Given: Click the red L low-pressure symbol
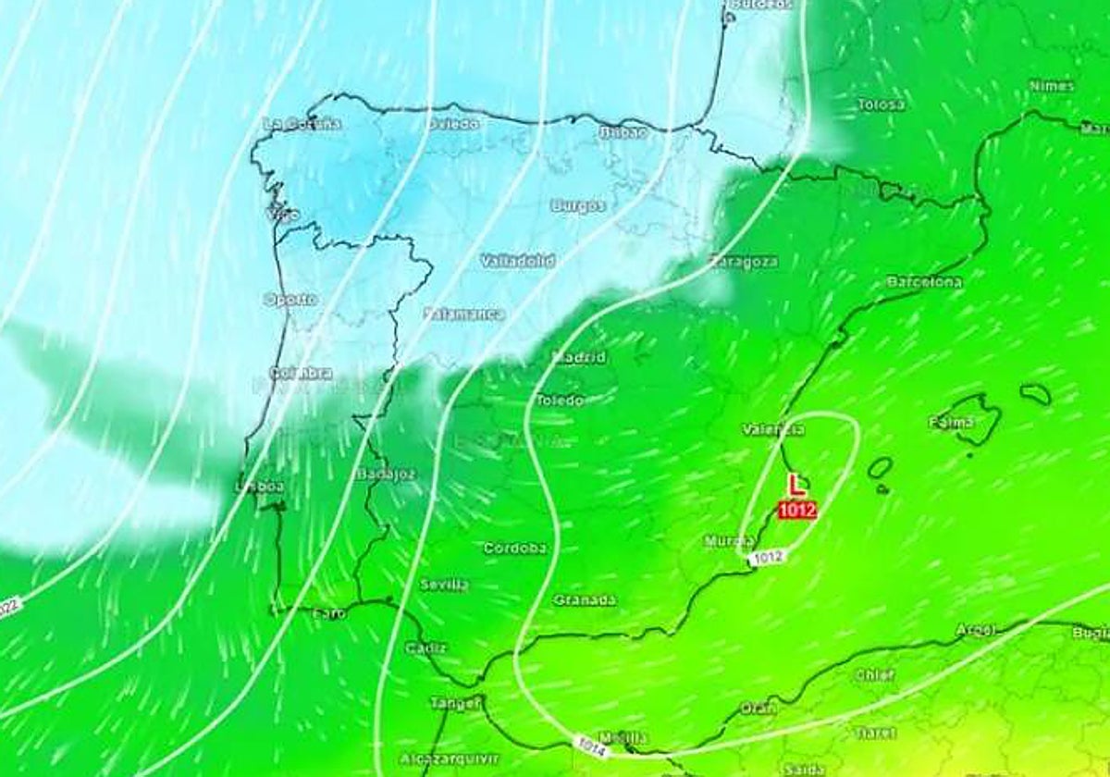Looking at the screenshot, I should (x=795, y=485).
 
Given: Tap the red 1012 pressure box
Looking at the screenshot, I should (x=796, y=510).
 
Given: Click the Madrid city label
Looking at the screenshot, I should (x=580, y=357).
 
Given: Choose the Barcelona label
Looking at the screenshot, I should (x=923, y=281).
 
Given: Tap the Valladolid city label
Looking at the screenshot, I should (x=517, y=262).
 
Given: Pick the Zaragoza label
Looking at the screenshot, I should (x=743, y=262).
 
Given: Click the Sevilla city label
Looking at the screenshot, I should (x=444, y=585).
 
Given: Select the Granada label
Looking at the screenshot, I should (x=585, y=600).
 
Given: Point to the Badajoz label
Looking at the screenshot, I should (x=387, y=474).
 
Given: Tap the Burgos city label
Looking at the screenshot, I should (x=578, y=206).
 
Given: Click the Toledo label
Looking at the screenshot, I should (x=561, y=401).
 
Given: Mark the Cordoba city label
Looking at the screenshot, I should (x=515, y=548).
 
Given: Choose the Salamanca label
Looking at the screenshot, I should (x=464, y=314).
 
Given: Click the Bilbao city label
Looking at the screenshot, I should (x=623, y=133).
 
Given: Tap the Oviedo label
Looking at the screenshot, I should (x=453, y=123).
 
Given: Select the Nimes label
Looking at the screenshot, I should (x=1052, y=86).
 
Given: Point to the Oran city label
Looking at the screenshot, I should (x=758, y=709).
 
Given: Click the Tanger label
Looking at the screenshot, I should (x=455, y=703).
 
